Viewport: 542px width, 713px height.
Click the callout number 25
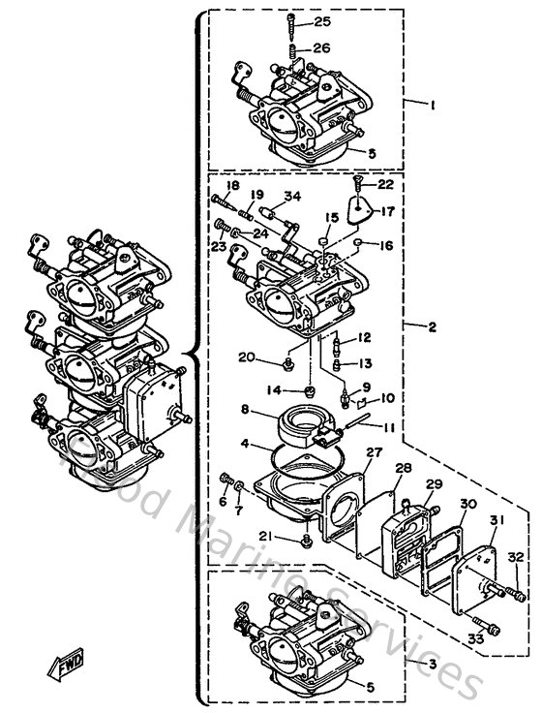(322, 21)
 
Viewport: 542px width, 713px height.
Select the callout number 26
(322, 47)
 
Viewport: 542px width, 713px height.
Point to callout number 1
(435, 102)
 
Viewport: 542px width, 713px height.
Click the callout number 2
(433, 327)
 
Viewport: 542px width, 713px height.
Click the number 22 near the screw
(386, 183)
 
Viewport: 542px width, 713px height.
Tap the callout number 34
(292, 197)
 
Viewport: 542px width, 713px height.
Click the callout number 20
(247, 357)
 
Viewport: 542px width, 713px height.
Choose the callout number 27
(374, 451)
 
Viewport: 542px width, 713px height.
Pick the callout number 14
(275, 390)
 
